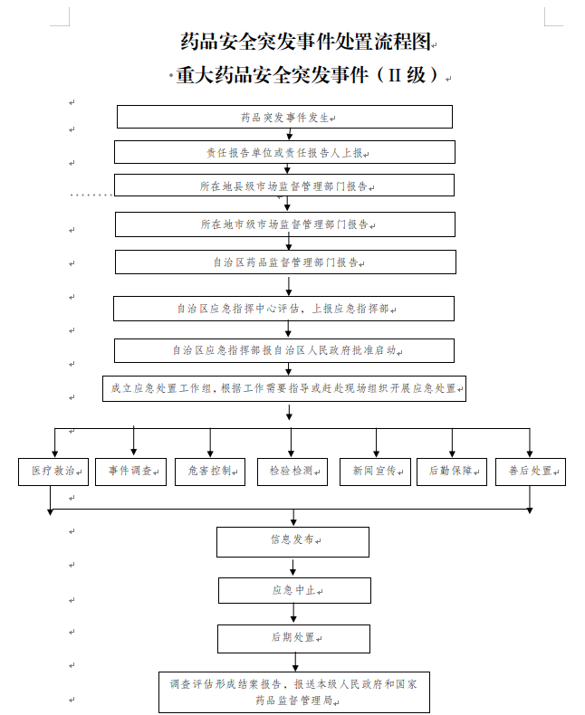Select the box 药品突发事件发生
pyautogui.click(x=284, y=117)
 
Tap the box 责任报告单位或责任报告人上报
pyautogui.click(x=284, y=152)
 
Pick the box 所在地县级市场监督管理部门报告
pyautogui.click(x=284, y=186)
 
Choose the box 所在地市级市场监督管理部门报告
pyautogui.click(x=284, y=224)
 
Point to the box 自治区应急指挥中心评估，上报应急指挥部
pyautogui.click(x=283, y=309)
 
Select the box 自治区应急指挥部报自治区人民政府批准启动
pyautogui.click(x=283, y=350)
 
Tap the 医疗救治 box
pyautogui.click(x=54, y=472)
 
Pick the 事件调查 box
pyautogui.click(x=131, y=472)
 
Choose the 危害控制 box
pyautogui.click(x=210, y=472)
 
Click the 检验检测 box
pyautogui.click(x=292, y=472)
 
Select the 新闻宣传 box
pyautogui.click(x=375, y=472)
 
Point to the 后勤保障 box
pyautogui.click(x=452, y=472)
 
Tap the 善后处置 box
pyautogui.click(x=531, y=472)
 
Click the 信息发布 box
pyautogui.click(x=292, y=541)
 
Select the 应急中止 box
pyautogui.click(x=294, y=590)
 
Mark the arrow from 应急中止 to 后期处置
pyautogui.click(x=293, y=615)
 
